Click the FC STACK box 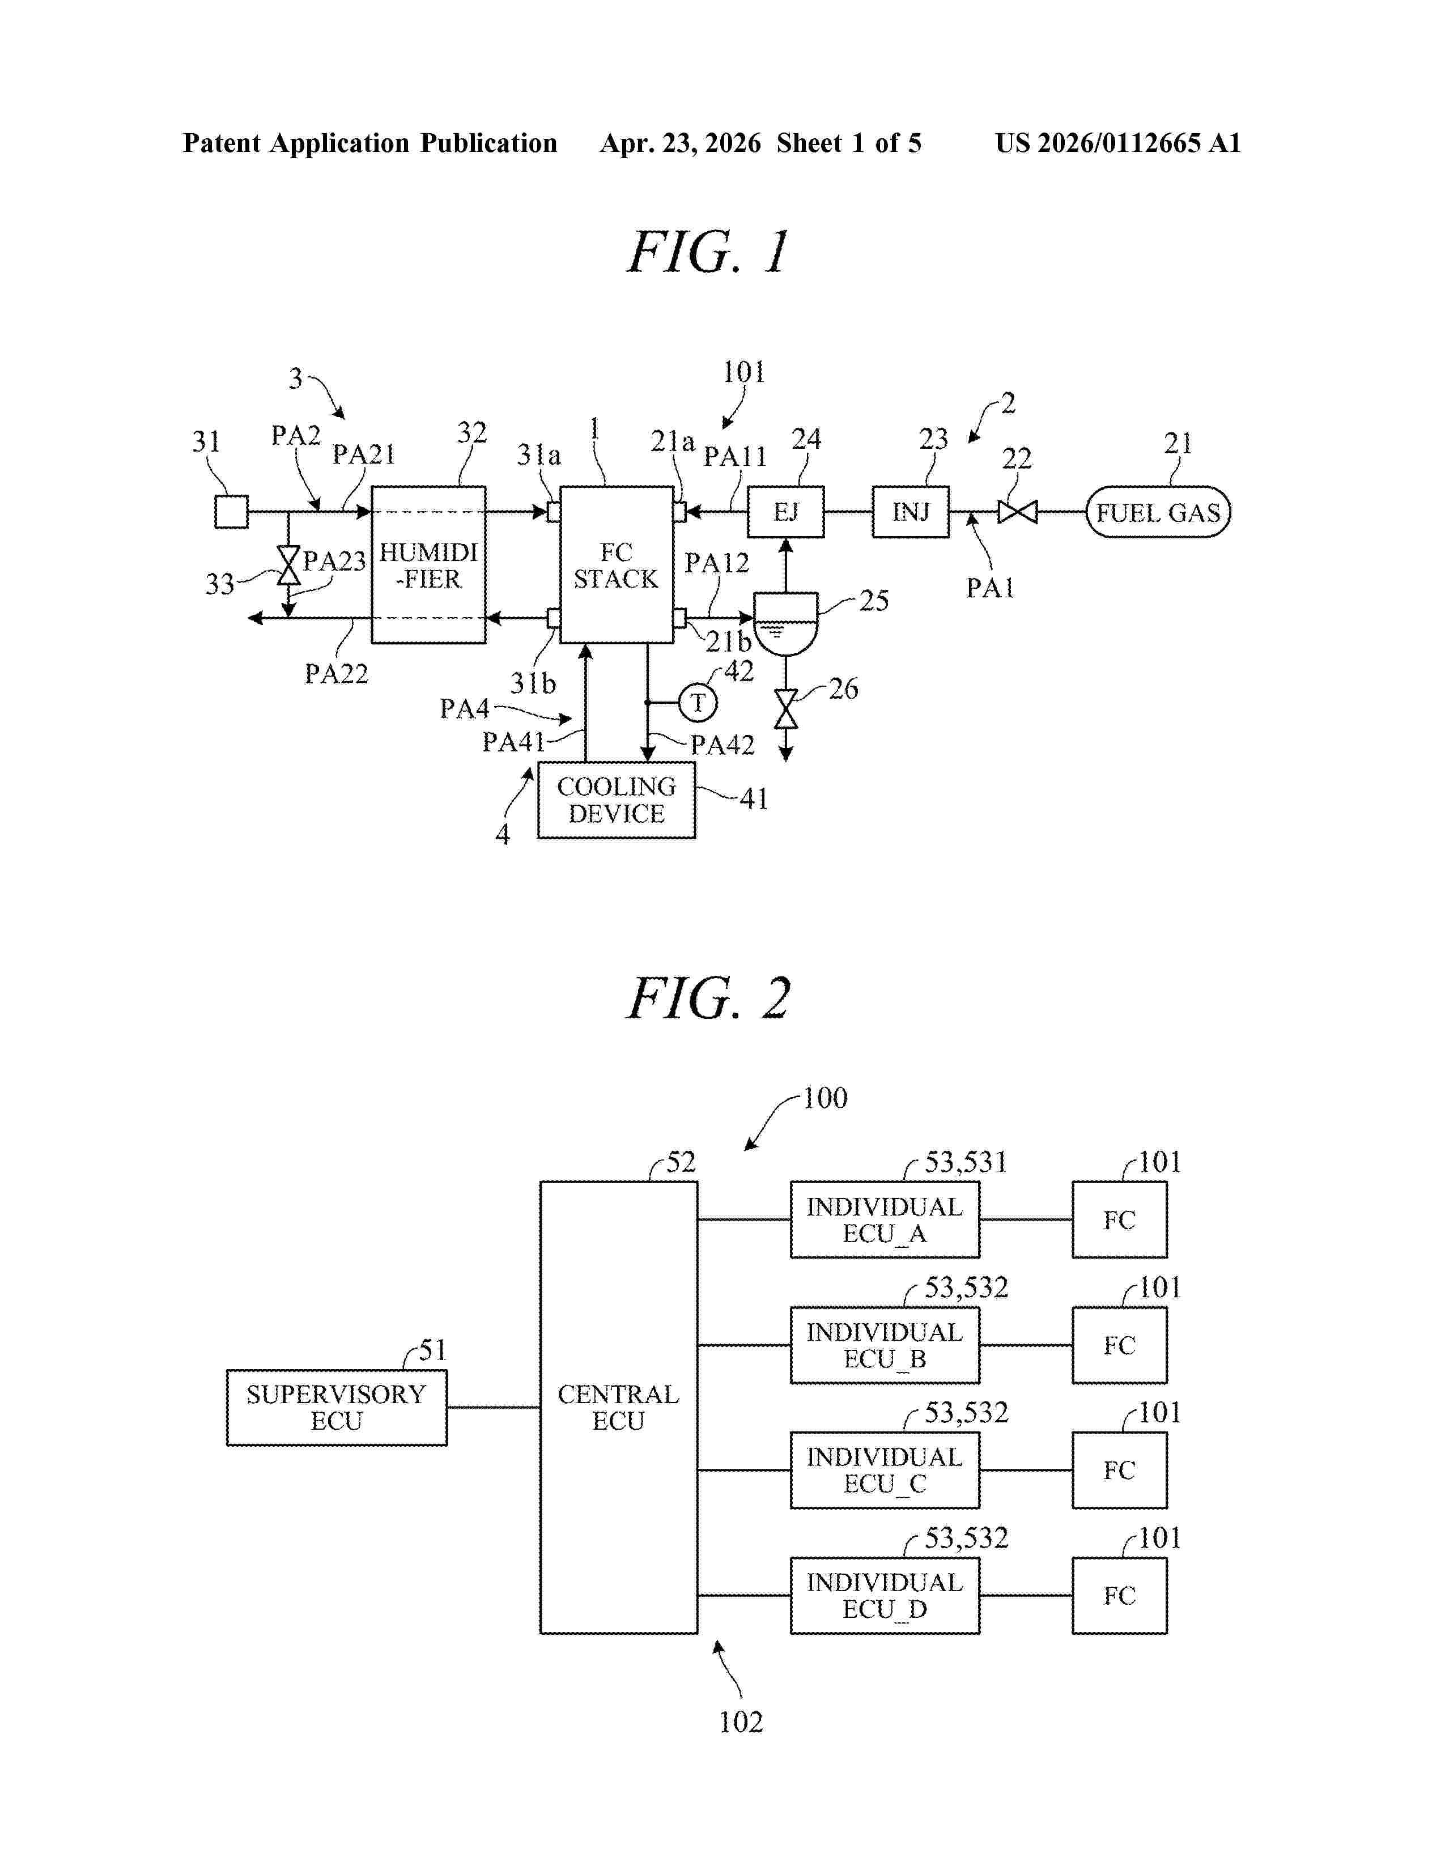(617, 565)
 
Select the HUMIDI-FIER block (428, 565)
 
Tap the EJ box (786, 512)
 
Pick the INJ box (910, 512)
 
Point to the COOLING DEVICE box (617, 800)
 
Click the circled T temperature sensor (698, 703)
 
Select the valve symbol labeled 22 (1018, 512)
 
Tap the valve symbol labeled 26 (786, 709)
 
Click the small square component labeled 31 (231, 512)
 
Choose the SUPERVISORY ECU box (337, 1408)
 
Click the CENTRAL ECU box (618, 1408)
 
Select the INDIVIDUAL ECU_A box (885, 1220)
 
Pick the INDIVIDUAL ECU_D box (885, 1596)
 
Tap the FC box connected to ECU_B (1119, 1345)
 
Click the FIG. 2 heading (709, 998)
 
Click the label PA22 (337, 674)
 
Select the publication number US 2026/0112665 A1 (1117, 143)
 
